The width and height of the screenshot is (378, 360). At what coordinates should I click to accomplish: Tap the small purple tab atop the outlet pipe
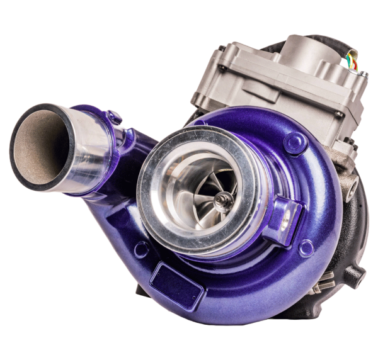(114, 116)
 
